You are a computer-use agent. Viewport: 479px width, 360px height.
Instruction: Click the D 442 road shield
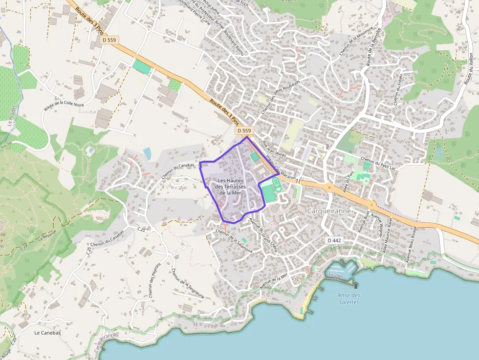pos(334,240)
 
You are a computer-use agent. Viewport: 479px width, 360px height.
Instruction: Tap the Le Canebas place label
pos(47,333)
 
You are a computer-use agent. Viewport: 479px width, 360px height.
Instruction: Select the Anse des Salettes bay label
pos(349,298)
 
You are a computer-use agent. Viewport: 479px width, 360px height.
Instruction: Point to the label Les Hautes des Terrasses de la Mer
pos(230,187)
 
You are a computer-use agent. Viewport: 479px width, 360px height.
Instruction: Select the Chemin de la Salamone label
pos(234,241)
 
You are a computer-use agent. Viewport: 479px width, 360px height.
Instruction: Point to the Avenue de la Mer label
pos(274,282)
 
